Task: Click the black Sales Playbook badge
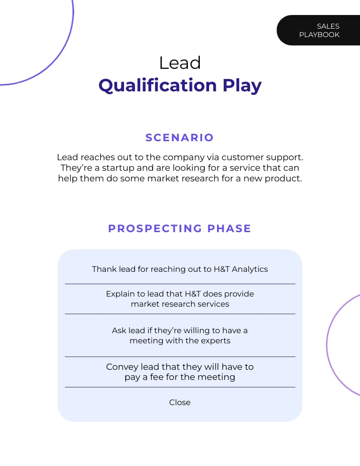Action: [319, 30]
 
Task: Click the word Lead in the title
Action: [180, 63]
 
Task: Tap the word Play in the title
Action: [242, 85]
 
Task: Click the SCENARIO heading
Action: [180, 138]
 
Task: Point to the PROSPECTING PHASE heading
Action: [180, 229]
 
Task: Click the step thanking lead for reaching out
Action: [180, 269]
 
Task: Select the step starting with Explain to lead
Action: [180, 299]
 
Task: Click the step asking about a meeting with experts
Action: [180, 335]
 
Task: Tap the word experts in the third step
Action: [216, 341]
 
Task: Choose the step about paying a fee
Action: [180, 372]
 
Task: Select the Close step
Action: [180, 402]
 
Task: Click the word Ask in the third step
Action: [119, 331]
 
